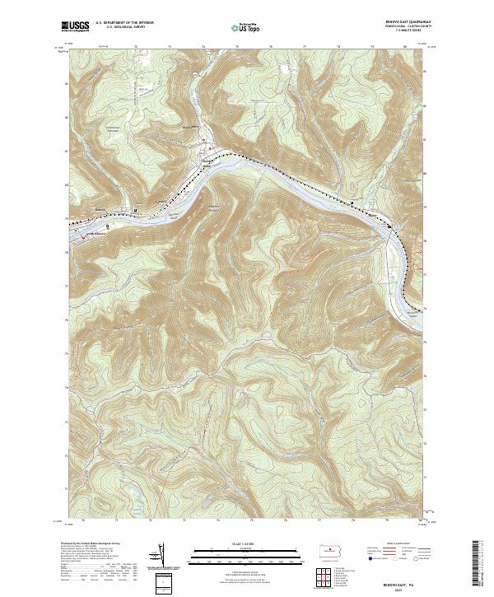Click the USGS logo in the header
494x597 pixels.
[x=75, y=27]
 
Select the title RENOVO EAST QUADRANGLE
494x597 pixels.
[x=395, y=22]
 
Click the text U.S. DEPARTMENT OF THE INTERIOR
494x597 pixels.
[x=124, y=23]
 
